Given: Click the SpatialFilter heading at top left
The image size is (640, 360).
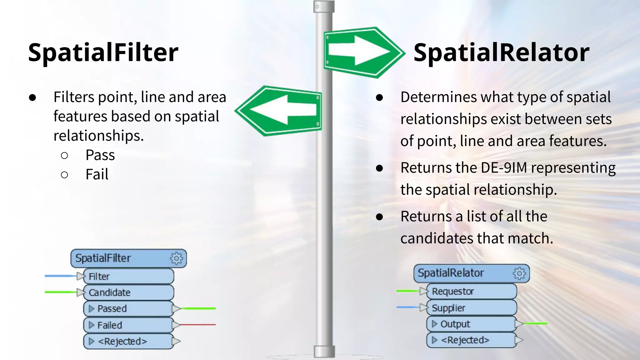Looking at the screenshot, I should click(x=103, y=52).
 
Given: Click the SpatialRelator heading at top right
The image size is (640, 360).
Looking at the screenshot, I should click(x=501, y=52).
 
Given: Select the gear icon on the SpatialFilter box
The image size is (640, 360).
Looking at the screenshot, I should click(x=176, y=258).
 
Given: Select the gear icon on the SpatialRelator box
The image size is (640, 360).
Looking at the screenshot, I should click(x=519, y=273).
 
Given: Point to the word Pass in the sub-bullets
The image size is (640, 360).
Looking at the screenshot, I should click(x=100, y=155).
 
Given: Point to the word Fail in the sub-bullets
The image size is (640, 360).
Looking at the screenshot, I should click(x=97, y=174).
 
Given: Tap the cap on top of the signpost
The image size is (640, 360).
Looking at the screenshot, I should click(x=324, y=7).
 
